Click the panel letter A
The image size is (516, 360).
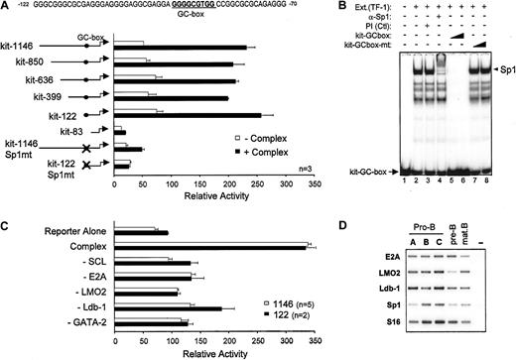(x=8, y=6)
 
